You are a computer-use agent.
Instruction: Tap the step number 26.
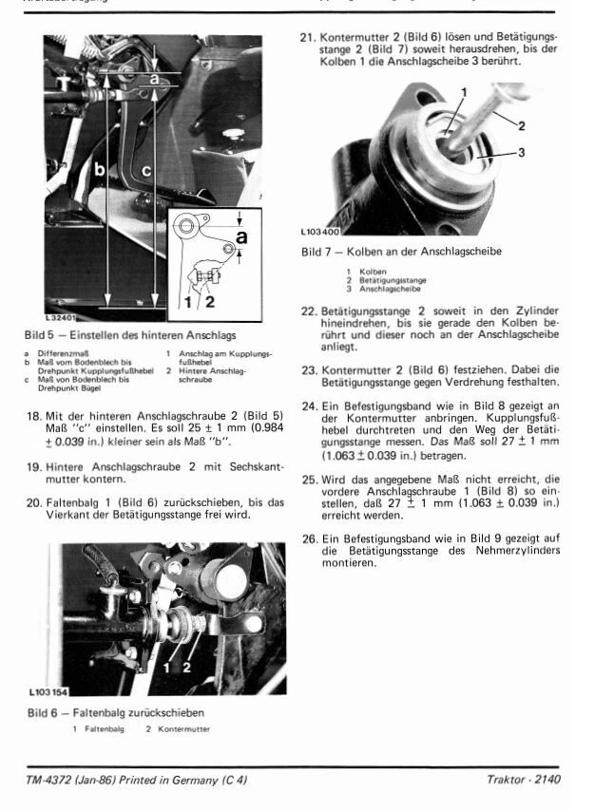(308, 538)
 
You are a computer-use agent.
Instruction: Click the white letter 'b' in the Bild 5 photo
(99, 171)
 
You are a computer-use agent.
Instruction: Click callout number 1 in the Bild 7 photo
(464, 91)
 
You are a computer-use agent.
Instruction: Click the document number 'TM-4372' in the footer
(51, 780)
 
